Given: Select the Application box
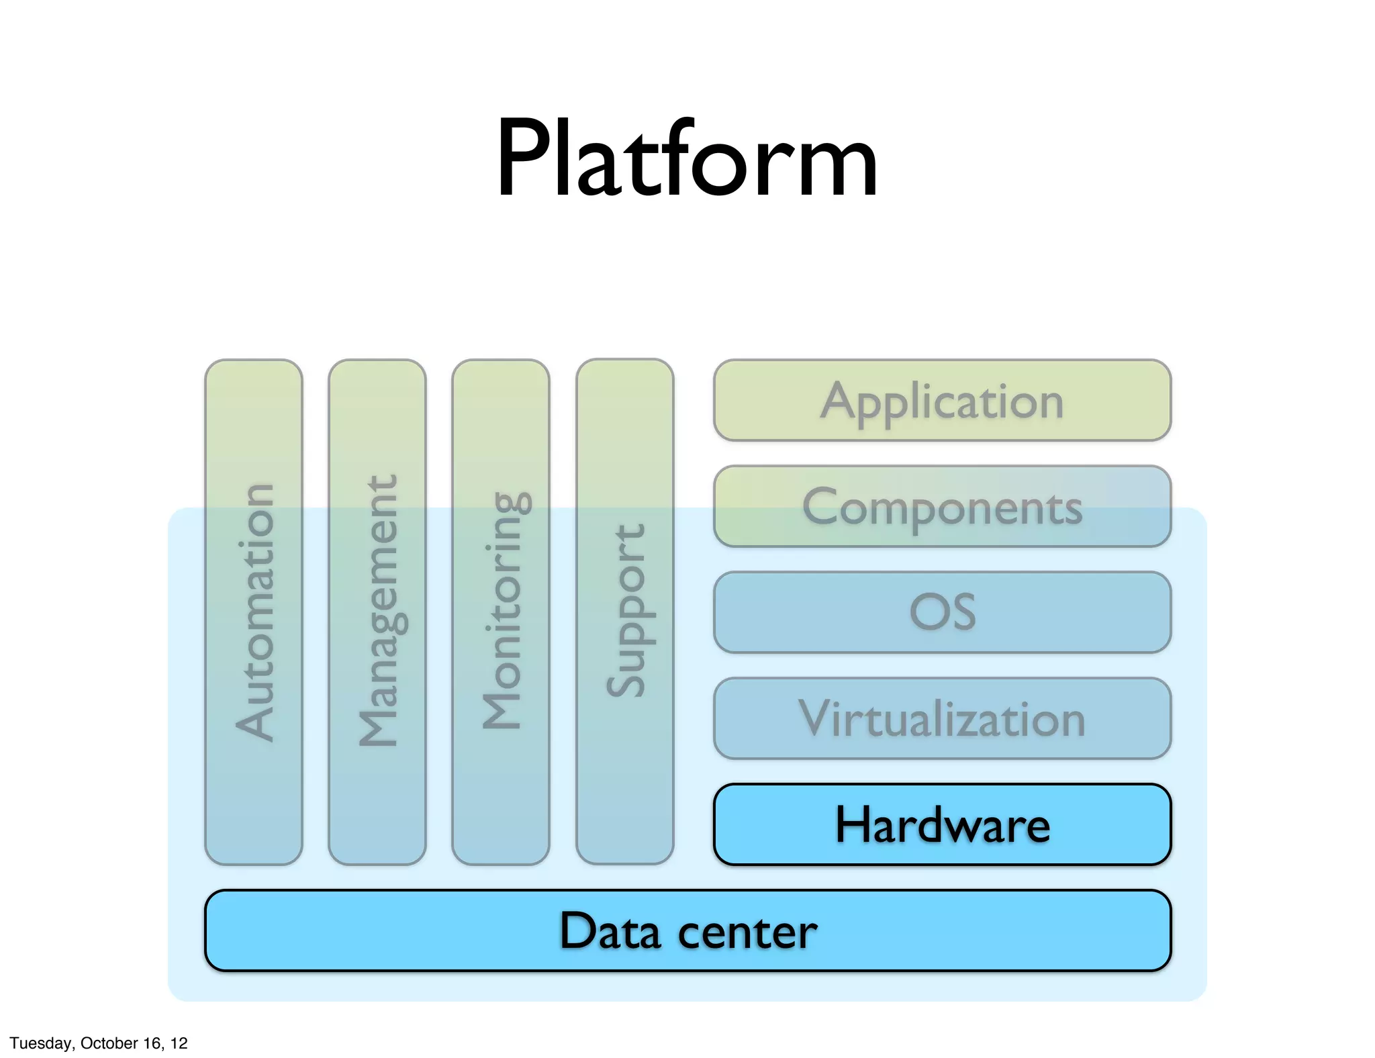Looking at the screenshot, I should click(942, 401).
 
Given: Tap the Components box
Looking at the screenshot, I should click(942, 506).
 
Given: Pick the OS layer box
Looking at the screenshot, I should click(942, 612).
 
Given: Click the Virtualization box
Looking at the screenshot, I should click(942, 718).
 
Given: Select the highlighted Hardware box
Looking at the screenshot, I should click(942, 824).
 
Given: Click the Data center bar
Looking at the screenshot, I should click(687, 930).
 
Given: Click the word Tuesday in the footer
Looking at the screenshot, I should click(41, 1043).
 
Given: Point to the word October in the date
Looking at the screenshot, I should click(106, 1043).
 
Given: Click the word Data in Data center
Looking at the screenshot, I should click(610, 931).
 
